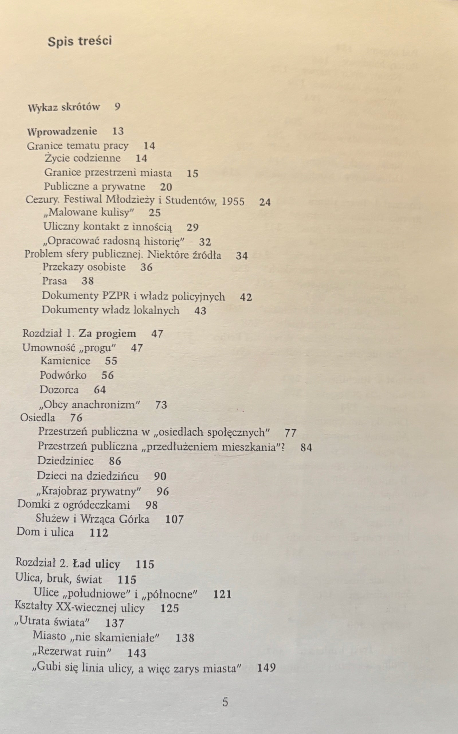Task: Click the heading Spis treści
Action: [80, 41]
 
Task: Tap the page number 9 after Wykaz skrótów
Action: [117, 107]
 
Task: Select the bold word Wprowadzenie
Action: [62, 131]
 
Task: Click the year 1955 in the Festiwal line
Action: [233, 201]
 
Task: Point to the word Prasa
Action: [54, 281]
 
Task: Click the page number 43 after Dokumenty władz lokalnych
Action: [200, 311]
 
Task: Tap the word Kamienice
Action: [65, 361]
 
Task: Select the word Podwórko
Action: [63, 375]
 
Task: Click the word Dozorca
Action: [59, 390]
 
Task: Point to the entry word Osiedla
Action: [38, 418]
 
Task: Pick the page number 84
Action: [306, 448]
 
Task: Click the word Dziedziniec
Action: [65, 461]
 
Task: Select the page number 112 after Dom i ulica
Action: [99, 533]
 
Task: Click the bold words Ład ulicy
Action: [97, 564]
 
